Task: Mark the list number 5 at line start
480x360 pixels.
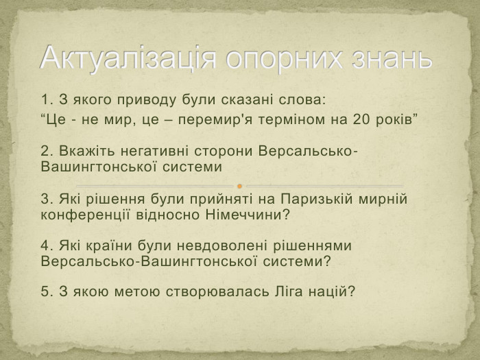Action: click(45, 291)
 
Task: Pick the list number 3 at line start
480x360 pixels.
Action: click(45, 200)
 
